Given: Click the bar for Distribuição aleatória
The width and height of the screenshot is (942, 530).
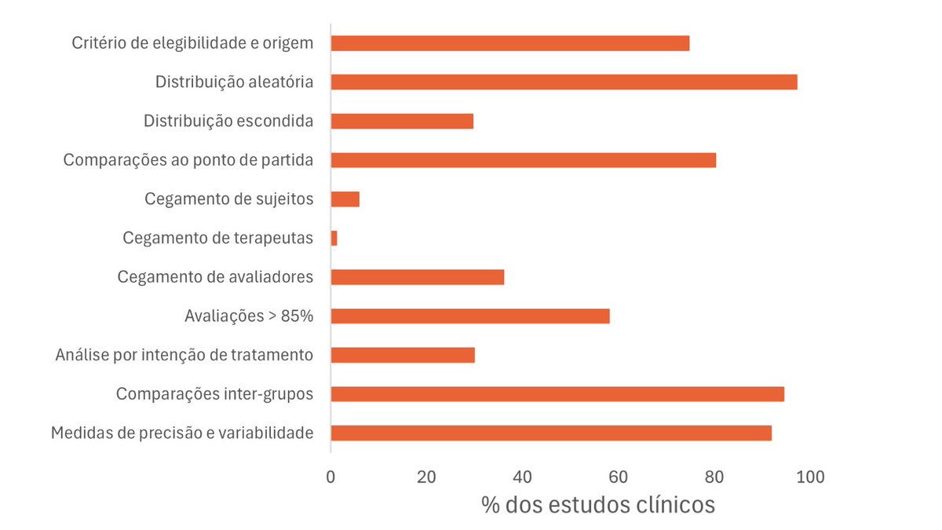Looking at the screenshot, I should pos(564,82).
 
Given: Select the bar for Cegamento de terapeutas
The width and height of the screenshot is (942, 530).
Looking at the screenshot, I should pos(334,238).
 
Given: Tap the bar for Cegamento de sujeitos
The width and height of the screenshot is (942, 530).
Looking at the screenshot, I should pos(345,199).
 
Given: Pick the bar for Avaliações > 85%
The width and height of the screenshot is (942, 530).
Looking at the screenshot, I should pos(470,316).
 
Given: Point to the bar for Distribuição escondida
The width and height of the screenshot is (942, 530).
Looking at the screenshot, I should pos(402,121).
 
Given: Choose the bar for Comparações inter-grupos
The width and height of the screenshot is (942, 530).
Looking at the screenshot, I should pos(557,394).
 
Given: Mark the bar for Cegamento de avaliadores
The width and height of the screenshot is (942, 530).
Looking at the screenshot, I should pos(418,277).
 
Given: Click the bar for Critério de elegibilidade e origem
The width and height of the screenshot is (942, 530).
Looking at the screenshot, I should pos(510,43).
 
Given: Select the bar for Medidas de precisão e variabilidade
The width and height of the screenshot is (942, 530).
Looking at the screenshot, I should pos(551,433).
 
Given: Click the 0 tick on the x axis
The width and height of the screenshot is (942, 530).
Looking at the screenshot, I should pos(331,476).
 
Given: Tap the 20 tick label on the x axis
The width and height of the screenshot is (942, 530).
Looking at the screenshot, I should pos(426,476).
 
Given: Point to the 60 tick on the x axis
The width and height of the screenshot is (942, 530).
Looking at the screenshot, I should pos(618,476).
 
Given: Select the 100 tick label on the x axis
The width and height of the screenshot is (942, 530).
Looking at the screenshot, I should pos(809,476).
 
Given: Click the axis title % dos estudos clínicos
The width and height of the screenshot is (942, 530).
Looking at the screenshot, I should pos(597,504).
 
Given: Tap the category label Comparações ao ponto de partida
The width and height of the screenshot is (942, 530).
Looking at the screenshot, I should pos(188,160).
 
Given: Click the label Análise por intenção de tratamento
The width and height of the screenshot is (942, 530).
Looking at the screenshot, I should pos(184,356).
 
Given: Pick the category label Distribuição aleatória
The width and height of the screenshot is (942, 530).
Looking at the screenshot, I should pos(235,82).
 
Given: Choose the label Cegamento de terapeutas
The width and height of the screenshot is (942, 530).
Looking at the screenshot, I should pos(218,238).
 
